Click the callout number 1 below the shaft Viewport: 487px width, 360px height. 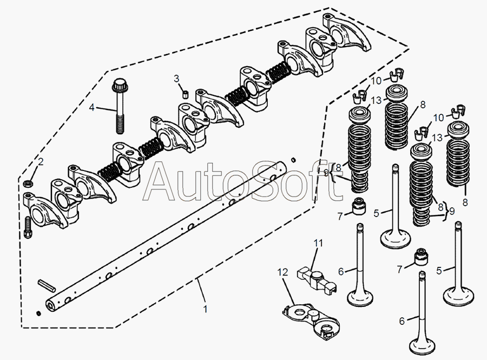[205, 309]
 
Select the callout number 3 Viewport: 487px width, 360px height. [176, 78]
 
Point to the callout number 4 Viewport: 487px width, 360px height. [91, 108]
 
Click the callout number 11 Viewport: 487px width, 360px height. [319, 243]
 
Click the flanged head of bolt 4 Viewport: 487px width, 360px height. [119, 86]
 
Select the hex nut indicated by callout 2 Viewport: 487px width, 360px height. [29, 183]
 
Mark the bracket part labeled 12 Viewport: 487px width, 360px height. [311, 320]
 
